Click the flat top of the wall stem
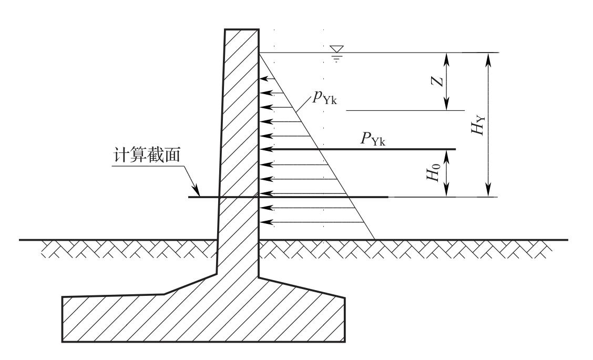242,30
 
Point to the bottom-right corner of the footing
345,342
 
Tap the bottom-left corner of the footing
63,342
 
